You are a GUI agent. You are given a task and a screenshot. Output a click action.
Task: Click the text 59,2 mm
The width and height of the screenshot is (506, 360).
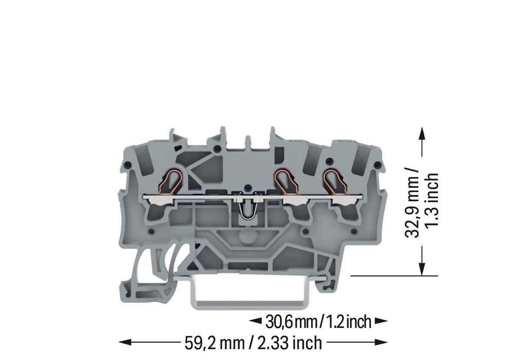(214, 343)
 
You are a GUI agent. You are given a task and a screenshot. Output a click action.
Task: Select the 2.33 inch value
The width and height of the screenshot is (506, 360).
(290, 343)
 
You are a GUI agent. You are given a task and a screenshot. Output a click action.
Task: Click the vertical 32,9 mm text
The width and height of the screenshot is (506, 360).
(412, 203)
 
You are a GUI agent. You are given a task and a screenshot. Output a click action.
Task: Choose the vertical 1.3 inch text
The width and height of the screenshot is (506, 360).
(431, 200)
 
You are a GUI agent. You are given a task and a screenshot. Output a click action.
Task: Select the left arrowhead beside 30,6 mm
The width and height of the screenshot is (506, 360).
(256, 321)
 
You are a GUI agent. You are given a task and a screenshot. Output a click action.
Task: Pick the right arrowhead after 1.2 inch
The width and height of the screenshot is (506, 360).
(381, 321)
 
